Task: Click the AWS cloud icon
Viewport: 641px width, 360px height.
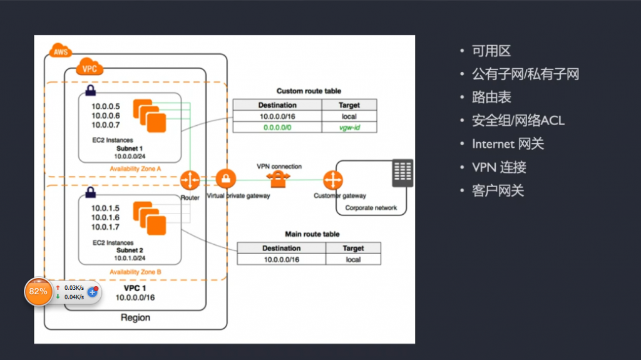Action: [x=61, y=51]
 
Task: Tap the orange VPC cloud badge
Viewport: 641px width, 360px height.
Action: [x=90, y=67]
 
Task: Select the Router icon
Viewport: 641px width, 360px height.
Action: [x=190, y=180]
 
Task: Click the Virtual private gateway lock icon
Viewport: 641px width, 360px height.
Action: [x=225, y=179]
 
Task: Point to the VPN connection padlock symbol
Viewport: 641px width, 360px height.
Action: [x=278, y=179]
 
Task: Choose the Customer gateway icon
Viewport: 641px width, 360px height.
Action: [x=333, y=180]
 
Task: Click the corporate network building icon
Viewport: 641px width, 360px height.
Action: [x=403, y=173]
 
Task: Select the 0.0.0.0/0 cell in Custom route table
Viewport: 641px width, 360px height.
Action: [x=277, y=127]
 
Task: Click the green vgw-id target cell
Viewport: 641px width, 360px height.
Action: [x=349, y=127]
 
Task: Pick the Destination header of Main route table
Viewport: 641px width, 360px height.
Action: [x=281, y=248]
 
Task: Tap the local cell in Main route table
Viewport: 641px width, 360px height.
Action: [x=353, y=259]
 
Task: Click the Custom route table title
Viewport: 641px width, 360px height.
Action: [x=309, y=91]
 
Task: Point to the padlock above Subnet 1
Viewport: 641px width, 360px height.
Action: [x=90, y=90]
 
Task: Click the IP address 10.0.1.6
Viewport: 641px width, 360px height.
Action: [x=105, y=218]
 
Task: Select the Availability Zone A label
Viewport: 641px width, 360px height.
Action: [x=135, y=168]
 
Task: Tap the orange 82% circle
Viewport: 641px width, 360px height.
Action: [x=38, y=291]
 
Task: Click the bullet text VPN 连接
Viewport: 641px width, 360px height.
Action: [x=499, y=167]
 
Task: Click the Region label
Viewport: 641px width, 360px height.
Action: [x=135, y=317]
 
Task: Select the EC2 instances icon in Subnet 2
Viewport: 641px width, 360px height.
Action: [x=150, y=218]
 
